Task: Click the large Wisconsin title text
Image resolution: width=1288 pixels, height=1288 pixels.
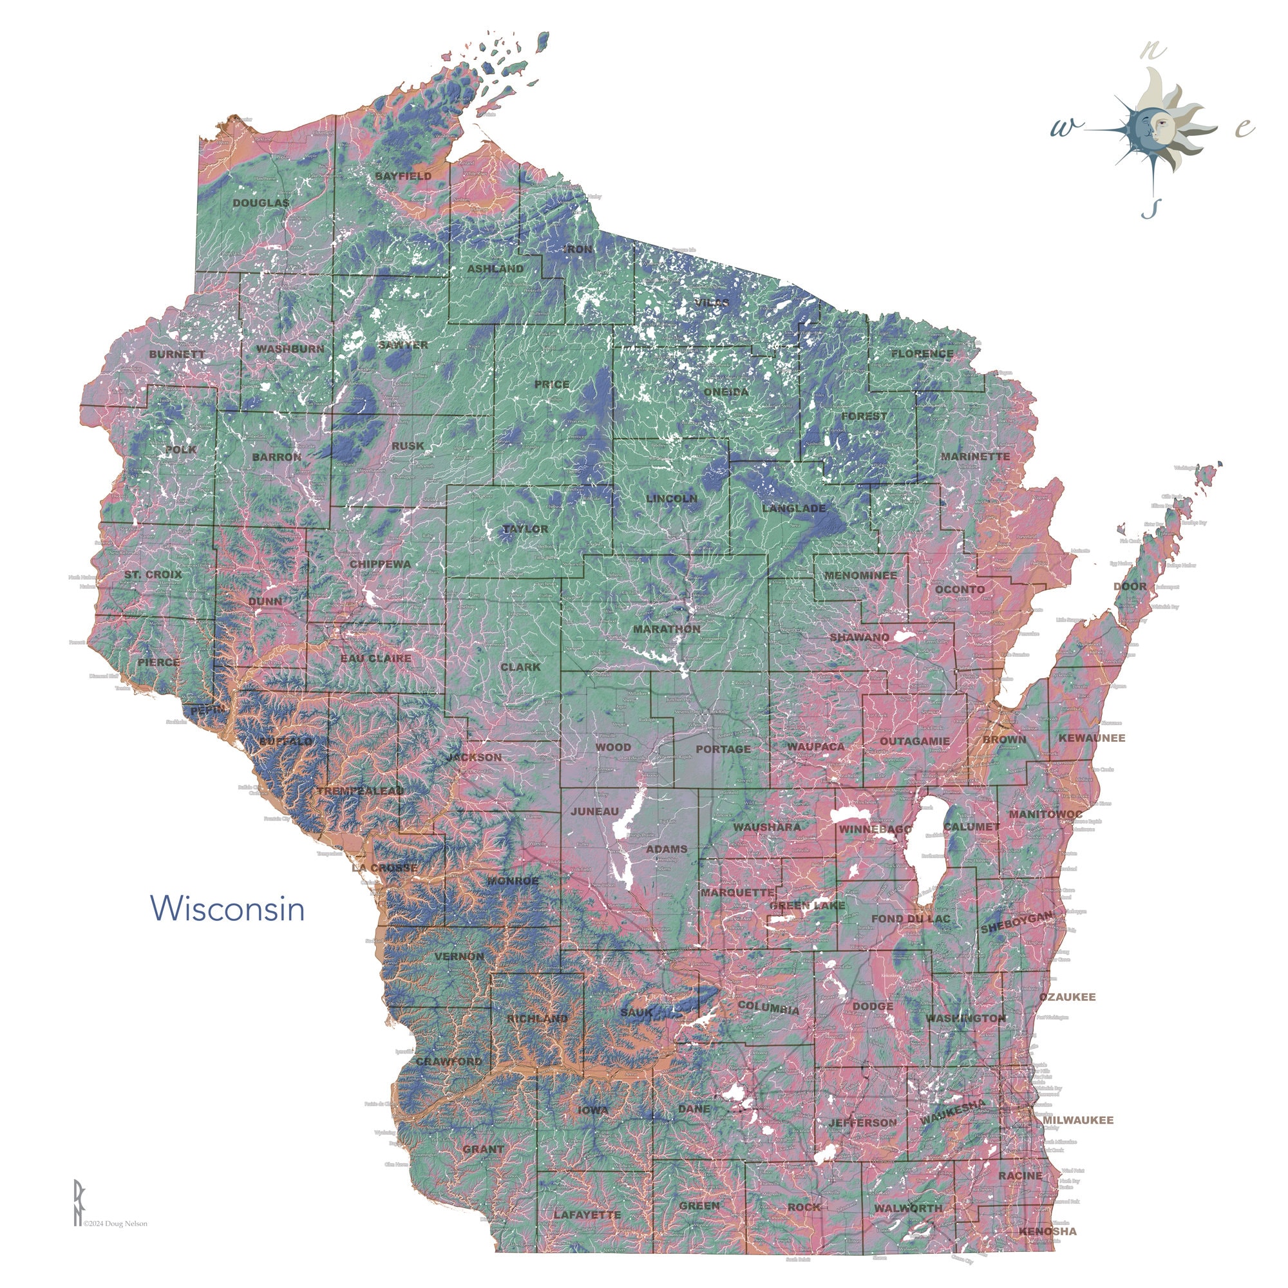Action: coord(227,909)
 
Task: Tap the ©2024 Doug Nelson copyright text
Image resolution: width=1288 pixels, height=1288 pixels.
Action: coord(115,1224)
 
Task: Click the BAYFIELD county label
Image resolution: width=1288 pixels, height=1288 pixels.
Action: coord(402,176)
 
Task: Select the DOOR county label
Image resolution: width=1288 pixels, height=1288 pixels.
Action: coord(1130,587)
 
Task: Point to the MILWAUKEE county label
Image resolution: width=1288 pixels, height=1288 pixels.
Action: coord(1077,1120)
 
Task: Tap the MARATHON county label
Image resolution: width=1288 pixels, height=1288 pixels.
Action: coord(667,629)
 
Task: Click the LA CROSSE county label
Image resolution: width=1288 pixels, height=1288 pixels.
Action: coord(384,867)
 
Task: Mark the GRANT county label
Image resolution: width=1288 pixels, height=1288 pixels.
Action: coord(484,1149)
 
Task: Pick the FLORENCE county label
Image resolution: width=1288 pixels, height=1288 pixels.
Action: coord(922,354)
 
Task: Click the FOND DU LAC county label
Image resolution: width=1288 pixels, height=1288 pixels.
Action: coord(911,919)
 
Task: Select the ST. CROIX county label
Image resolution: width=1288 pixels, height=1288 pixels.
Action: coord(153,574)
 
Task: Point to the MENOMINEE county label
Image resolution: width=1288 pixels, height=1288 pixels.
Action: coord(860,574)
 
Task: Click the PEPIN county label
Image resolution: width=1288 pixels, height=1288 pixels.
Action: coord(207,711)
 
